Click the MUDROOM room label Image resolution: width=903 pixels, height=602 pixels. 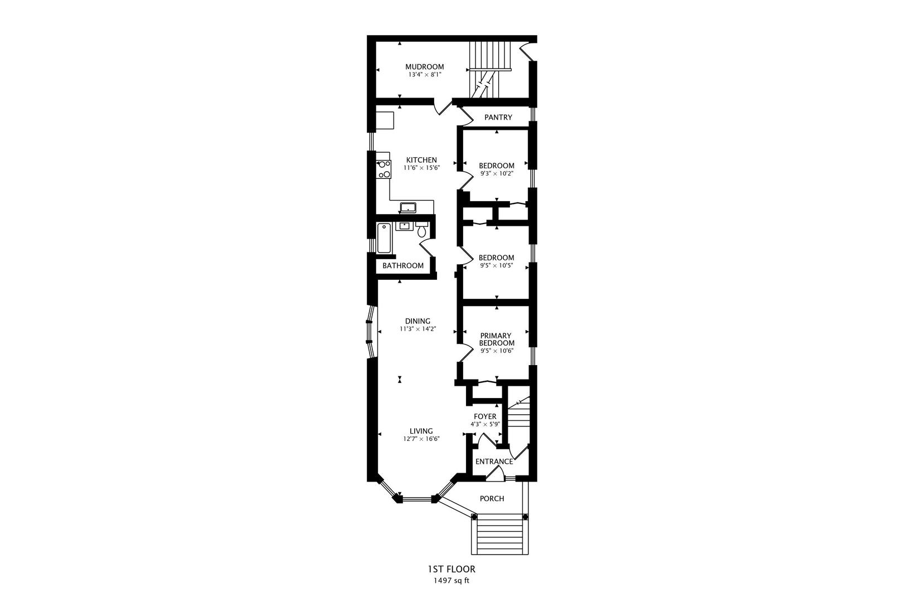[424, 66]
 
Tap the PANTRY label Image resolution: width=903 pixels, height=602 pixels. [498, 117]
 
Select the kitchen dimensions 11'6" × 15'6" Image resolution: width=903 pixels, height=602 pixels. [421, 168]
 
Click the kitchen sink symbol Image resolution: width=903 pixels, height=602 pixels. [408, 208]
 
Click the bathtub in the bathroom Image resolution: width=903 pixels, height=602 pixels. [384, 238]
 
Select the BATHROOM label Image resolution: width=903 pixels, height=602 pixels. [402, 266]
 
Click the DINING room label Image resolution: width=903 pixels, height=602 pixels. [417, 321]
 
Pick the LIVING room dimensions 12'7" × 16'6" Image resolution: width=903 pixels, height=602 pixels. [421, 439]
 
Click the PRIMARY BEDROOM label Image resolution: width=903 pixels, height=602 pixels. [496, 339]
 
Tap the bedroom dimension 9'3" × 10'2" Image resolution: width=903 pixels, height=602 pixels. [496, 173]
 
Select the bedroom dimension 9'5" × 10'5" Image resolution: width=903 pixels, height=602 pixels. [496, 266]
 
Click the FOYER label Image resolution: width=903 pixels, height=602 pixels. [485, 416]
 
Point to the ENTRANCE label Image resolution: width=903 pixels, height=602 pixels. [493, 462]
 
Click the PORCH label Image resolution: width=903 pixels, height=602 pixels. [492, 498]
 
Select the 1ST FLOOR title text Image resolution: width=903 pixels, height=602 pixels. [451, 569]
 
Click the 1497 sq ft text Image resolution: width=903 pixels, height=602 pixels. [451, 581]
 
